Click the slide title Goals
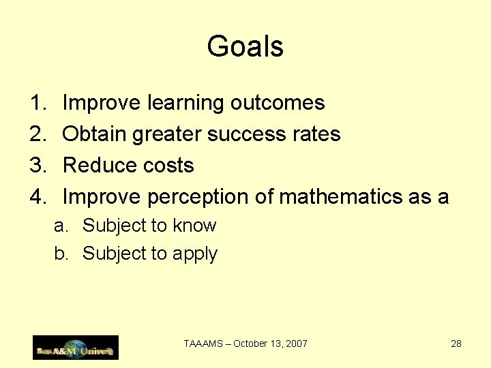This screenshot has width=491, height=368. tap(245, 47)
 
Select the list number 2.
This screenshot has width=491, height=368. tap(37, 134)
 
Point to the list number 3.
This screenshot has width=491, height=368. tap(37, 166)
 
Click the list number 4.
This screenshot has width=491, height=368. tap(37, 197)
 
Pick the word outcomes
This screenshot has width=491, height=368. tap(277, 103)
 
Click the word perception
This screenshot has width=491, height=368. tap(198, 198)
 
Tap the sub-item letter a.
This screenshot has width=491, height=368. tap(59, 226)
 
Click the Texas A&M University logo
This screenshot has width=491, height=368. tap(76, 348)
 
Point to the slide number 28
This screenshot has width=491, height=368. tap(456, 343)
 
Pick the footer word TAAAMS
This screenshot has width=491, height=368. tap(204, 343)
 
